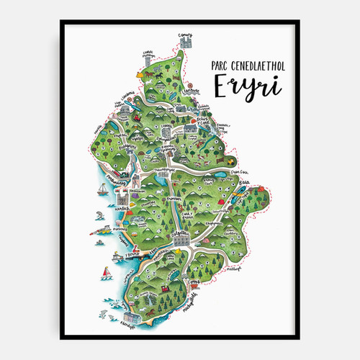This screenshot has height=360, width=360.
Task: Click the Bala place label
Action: pyautogui.click(x=243, y=184)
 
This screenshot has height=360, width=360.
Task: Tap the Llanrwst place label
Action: pyautogui.click(x=189, y=93)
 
